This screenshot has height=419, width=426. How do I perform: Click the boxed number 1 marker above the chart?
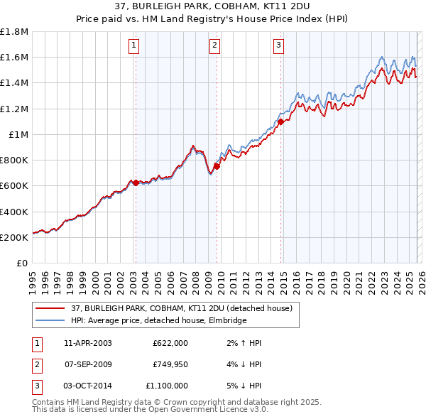point(134,46)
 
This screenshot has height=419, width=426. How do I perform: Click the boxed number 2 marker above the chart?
point(214,46)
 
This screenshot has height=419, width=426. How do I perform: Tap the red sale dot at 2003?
point(136,183)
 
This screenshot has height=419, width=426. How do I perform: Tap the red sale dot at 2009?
point(216,166)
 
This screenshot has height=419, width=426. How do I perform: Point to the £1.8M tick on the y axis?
point(14,32)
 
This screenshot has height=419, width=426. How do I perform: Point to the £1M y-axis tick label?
point(18,134)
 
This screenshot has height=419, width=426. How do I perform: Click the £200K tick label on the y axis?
point(14,237)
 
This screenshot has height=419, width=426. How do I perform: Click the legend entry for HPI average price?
point(158,321)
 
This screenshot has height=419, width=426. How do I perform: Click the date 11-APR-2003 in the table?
point(88,343)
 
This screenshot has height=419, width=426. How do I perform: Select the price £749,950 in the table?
point(170,364)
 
